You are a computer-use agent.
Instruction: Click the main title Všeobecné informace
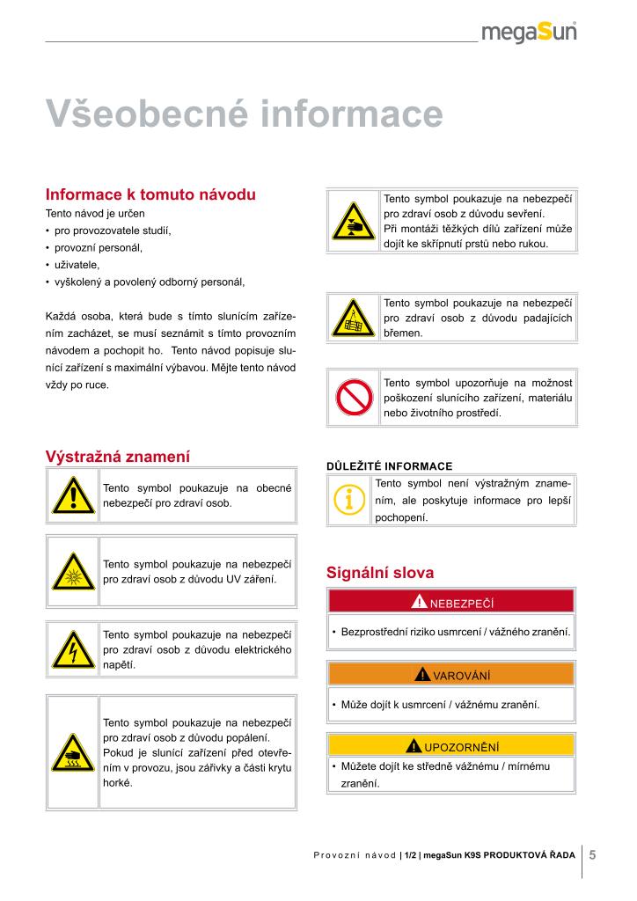point(244,114)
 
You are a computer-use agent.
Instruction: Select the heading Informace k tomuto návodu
point(150,194)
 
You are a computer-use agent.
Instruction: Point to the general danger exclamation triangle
point(73,495)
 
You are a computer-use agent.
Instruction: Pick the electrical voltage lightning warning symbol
point(73,650)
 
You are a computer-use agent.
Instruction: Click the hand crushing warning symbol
point(353,222)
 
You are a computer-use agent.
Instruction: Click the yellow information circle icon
point(349,501)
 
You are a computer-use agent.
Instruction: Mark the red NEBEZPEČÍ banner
point(450,602)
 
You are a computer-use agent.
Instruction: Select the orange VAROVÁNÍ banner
point(450,675)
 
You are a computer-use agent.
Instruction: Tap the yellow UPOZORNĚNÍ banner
point(450,747)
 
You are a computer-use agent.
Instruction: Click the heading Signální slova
point(380,573)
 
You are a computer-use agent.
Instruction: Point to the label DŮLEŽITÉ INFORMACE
point(389,466)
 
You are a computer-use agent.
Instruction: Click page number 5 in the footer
point(593,854)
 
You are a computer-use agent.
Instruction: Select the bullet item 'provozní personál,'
point(98,247)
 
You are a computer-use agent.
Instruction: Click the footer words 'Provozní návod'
point(354,855)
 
